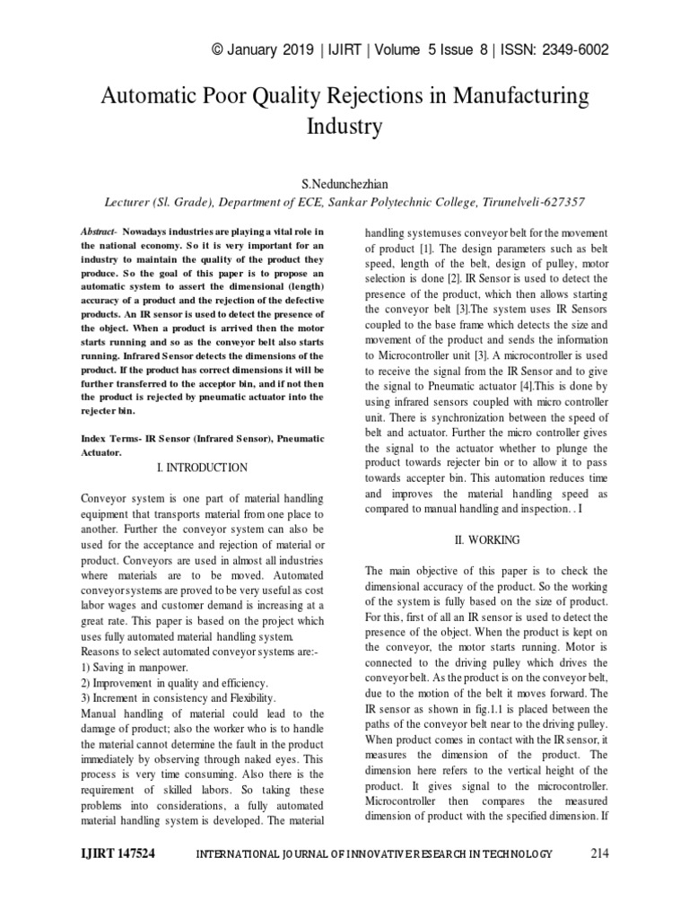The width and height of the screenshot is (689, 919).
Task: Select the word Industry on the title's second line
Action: tap(344, 126)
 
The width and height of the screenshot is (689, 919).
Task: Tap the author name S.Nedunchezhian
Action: tap(344, 184)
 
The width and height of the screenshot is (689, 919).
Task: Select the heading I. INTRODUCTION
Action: tap(202, 468)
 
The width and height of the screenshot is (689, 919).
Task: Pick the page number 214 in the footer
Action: tap(599, 854)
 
